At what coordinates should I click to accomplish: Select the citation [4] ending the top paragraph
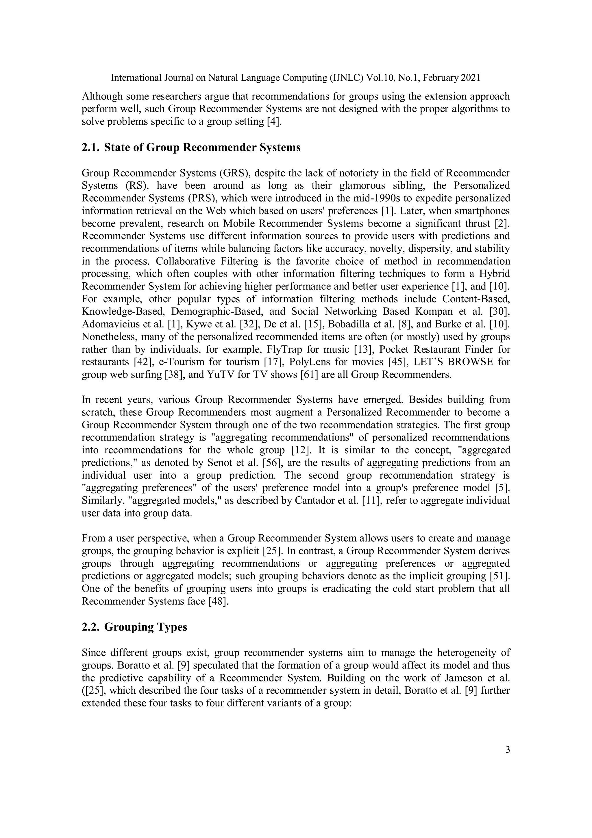pyautogui.click(x=275, y=122)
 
